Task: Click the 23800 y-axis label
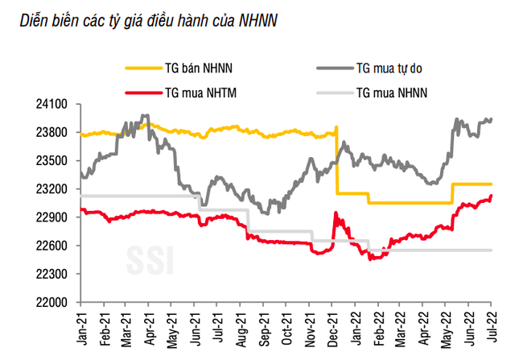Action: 55,133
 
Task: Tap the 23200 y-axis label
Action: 55,189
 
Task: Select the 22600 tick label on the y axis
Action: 55,246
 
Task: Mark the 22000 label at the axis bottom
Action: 55,302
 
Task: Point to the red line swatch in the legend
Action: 142,93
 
